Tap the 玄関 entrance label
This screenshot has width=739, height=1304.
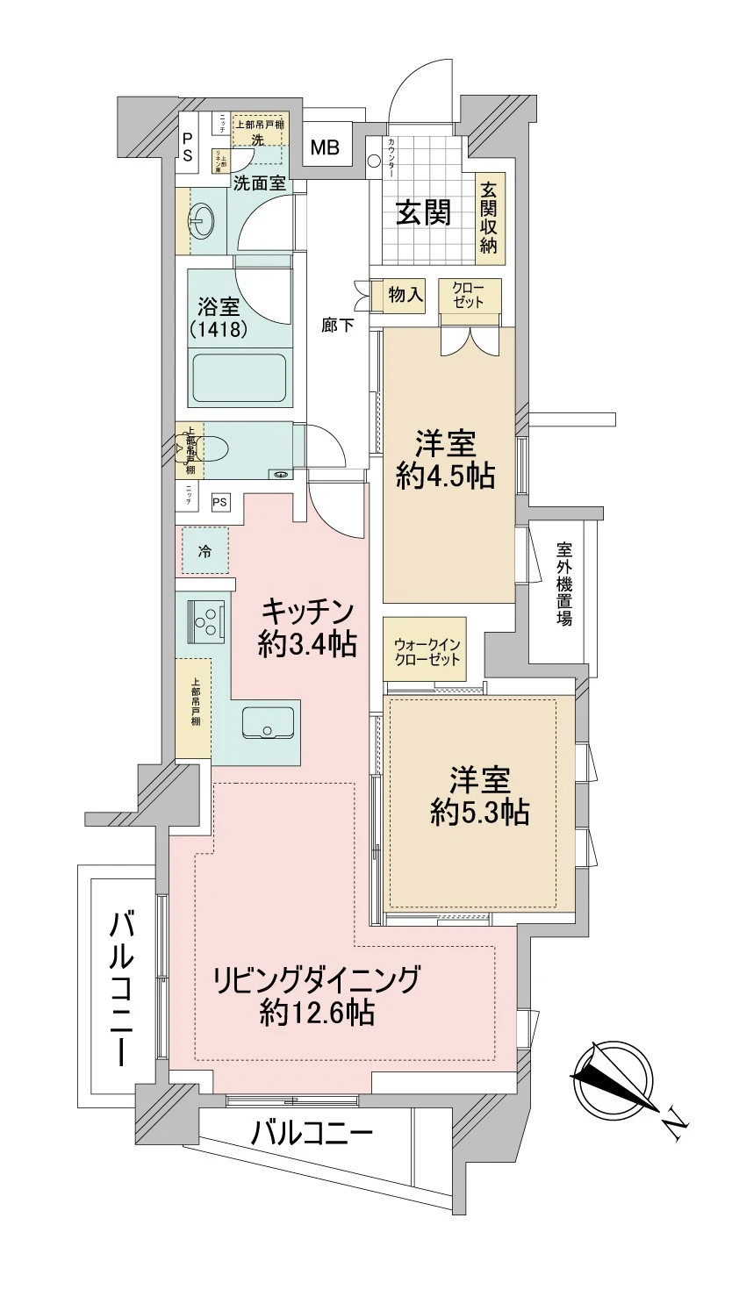pos(423,212)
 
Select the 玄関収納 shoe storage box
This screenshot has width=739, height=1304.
pos(487,216)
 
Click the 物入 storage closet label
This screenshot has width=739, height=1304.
pos(405,295)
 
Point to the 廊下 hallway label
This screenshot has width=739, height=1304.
pos(338,326)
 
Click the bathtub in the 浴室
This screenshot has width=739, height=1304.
pos(239,377)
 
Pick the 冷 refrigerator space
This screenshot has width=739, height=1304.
pos(204,552)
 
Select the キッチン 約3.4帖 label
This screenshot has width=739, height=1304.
pos(307,627)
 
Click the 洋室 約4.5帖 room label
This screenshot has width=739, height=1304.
pos(445,460)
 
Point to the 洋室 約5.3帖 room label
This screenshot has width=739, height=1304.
pos(479,796)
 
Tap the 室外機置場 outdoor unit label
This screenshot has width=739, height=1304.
pos(564,584)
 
